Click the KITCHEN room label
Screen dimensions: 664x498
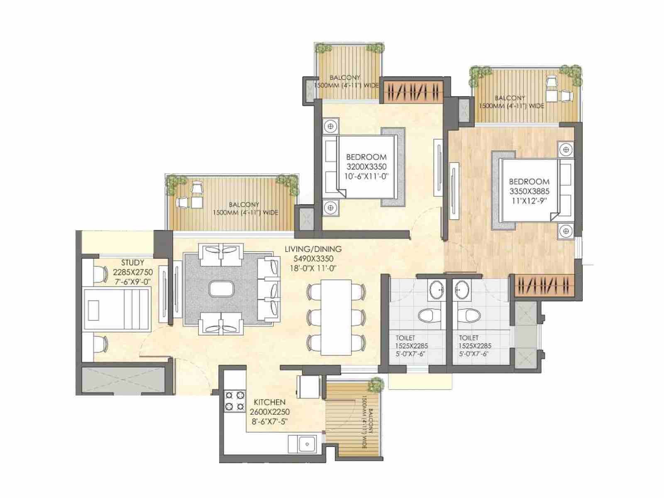pyautogui.click(x=269, y=402)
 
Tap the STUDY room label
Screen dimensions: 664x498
pyautogui.click(x=132, y=262)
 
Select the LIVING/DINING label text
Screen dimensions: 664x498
pyautogui.click(x=313, y=249)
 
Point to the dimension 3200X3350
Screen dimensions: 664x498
pyautogui.click(x=366, y=166)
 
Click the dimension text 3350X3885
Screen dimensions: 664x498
pyautogui.click(x=530, y=191)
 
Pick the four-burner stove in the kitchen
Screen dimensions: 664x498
pyautogui.click(x=234, y=401)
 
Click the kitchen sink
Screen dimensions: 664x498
pyautogui.click(x=308, y=444)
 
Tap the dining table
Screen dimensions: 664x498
pyautogui.click(x=336, y=317)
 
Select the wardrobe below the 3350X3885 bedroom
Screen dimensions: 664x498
pyautogui.click(x=544, y=286)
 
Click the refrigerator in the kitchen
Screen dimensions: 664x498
pyautogui.click(x=309, y=387)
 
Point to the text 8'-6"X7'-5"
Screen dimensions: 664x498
pyautogui.click(x=269, y=421)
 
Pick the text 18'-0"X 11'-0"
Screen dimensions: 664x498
pyautogui.click(x=313, y=268)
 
